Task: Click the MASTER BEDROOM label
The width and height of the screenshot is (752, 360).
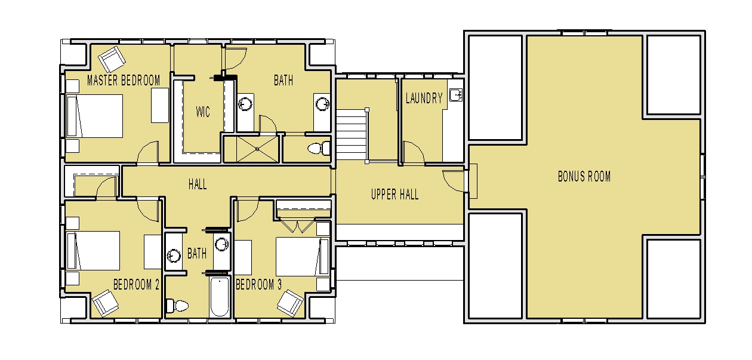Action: [124, 81]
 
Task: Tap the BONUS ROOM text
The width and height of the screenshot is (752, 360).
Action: [584, 177]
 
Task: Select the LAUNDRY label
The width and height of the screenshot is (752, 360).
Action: [424, 99]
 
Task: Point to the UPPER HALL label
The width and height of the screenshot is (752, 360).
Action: [395, 195]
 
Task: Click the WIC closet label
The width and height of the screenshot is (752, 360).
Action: [203, 112]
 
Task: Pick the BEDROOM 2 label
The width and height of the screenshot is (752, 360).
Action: [136, 285]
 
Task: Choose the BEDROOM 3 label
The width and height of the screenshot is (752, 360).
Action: [258, 285]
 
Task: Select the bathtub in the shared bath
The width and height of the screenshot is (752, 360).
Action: [219, 297]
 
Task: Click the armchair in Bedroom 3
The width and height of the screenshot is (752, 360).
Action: [292, 302]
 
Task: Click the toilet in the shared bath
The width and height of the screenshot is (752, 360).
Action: [177, 306]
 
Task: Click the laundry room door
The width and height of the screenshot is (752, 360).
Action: [413, 152]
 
